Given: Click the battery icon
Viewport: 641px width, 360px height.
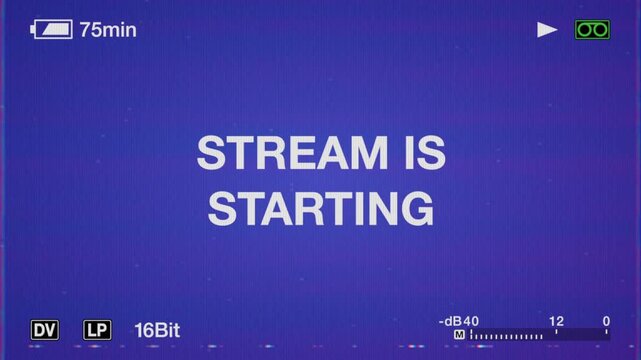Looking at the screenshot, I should click(52, 30).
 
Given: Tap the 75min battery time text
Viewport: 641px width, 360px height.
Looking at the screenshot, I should click(108, 30).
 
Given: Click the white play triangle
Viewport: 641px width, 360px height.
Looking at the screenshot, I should click(547, 30).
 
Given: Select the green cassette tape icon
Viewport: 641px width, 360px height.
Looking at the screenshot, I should click(592, 30).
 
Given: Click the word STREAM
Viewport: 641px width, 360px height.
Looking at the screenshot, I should click(287, 154).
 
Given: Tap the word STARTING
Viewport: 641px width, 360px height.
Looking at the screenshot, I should click(321, 209).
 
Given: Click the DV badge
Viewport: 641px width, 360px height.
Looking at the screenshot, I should click(45, 329).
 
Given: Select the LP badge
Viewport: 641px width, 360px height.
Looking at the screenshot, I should click(97, 329).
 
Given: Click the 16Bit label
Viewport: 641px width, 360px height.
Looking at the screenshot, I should click(157, 329).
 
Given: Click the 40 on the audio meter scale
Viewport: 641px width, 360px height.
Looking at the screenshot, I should click(471, 321).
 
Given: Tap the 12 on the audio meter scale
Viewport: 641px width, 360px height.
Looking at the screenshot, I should click(556, 321).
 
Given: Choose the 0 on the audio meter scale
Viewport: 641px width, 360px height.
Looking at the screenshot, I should click(606, 321).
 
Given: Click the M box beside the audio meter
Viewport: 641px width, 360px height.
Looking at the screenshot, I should click(459, 335).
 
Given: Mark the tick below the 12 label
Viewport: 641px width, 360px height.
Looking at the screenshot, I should click(556, 335).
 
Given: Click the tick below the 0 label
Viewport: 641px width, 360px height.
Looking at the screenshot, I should click(606, 335).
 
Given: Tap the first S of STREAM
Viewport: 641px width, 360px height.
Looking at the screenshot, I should click(211, 154).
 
